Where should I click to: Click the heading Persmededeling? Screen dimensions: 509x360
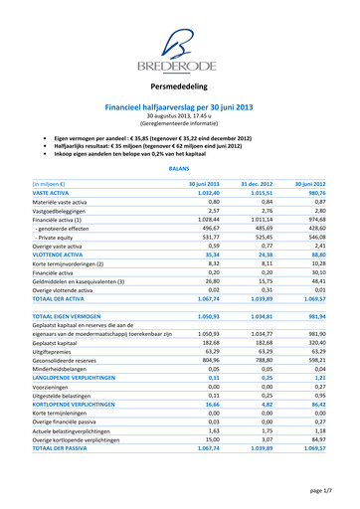pyautogui.click(x=181, y=87)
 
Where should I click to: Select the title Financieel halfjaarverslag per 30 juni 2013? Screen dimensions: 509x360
pyautogui.click(x=181, y=105)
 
